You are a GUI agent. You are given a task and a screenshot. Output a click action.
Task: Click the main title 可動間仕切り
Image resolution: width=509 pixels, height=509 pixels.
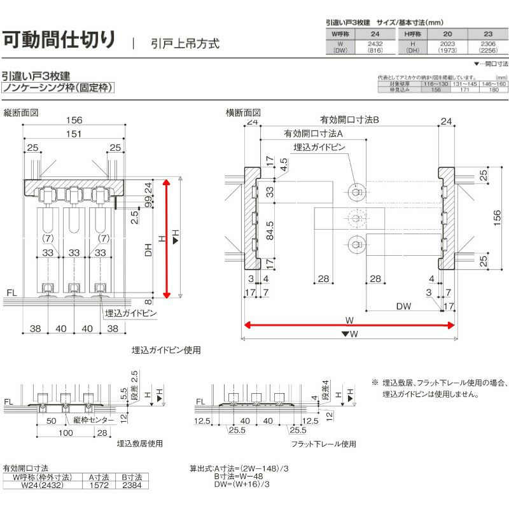tap(60, 39)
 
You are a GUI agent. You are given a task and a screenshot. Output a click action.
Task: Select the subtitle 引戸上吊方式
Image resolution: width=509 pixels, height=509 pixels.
tap(185, 44)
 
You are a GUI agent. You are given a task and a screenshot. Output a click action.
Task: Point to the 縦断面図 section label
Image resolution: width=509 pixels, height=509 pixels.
tap(22, 113)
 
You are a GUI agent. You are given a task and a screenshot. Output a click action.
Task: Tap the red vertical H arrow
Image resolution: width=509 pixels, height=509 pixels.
tap(167, 238)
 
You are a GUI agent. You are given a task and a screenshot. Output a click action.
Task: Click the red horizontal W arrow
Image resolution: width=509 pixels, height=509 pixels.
tap(348, 325)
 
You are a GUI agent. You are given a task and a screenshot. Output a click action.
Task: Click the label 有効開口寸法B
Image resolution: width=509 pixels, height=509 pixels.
tap(349, 119)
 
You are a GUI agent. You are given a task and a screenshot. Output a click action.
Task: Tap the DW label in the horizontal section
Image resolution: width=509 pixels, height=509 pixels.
tap(403, 306)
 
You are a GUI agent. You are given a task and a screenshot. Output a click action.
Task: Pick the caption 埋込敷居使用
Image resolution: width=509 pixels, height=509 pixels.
tap(139, 443)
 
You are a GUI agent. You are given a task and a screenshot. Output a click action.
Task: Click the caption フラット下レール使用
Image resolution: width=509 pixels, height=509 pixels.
tap(323, 443)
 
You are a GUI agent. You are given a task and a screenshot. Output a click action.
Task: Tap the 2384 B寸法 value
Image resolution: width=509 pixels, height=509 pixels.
tap(135, 485)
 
